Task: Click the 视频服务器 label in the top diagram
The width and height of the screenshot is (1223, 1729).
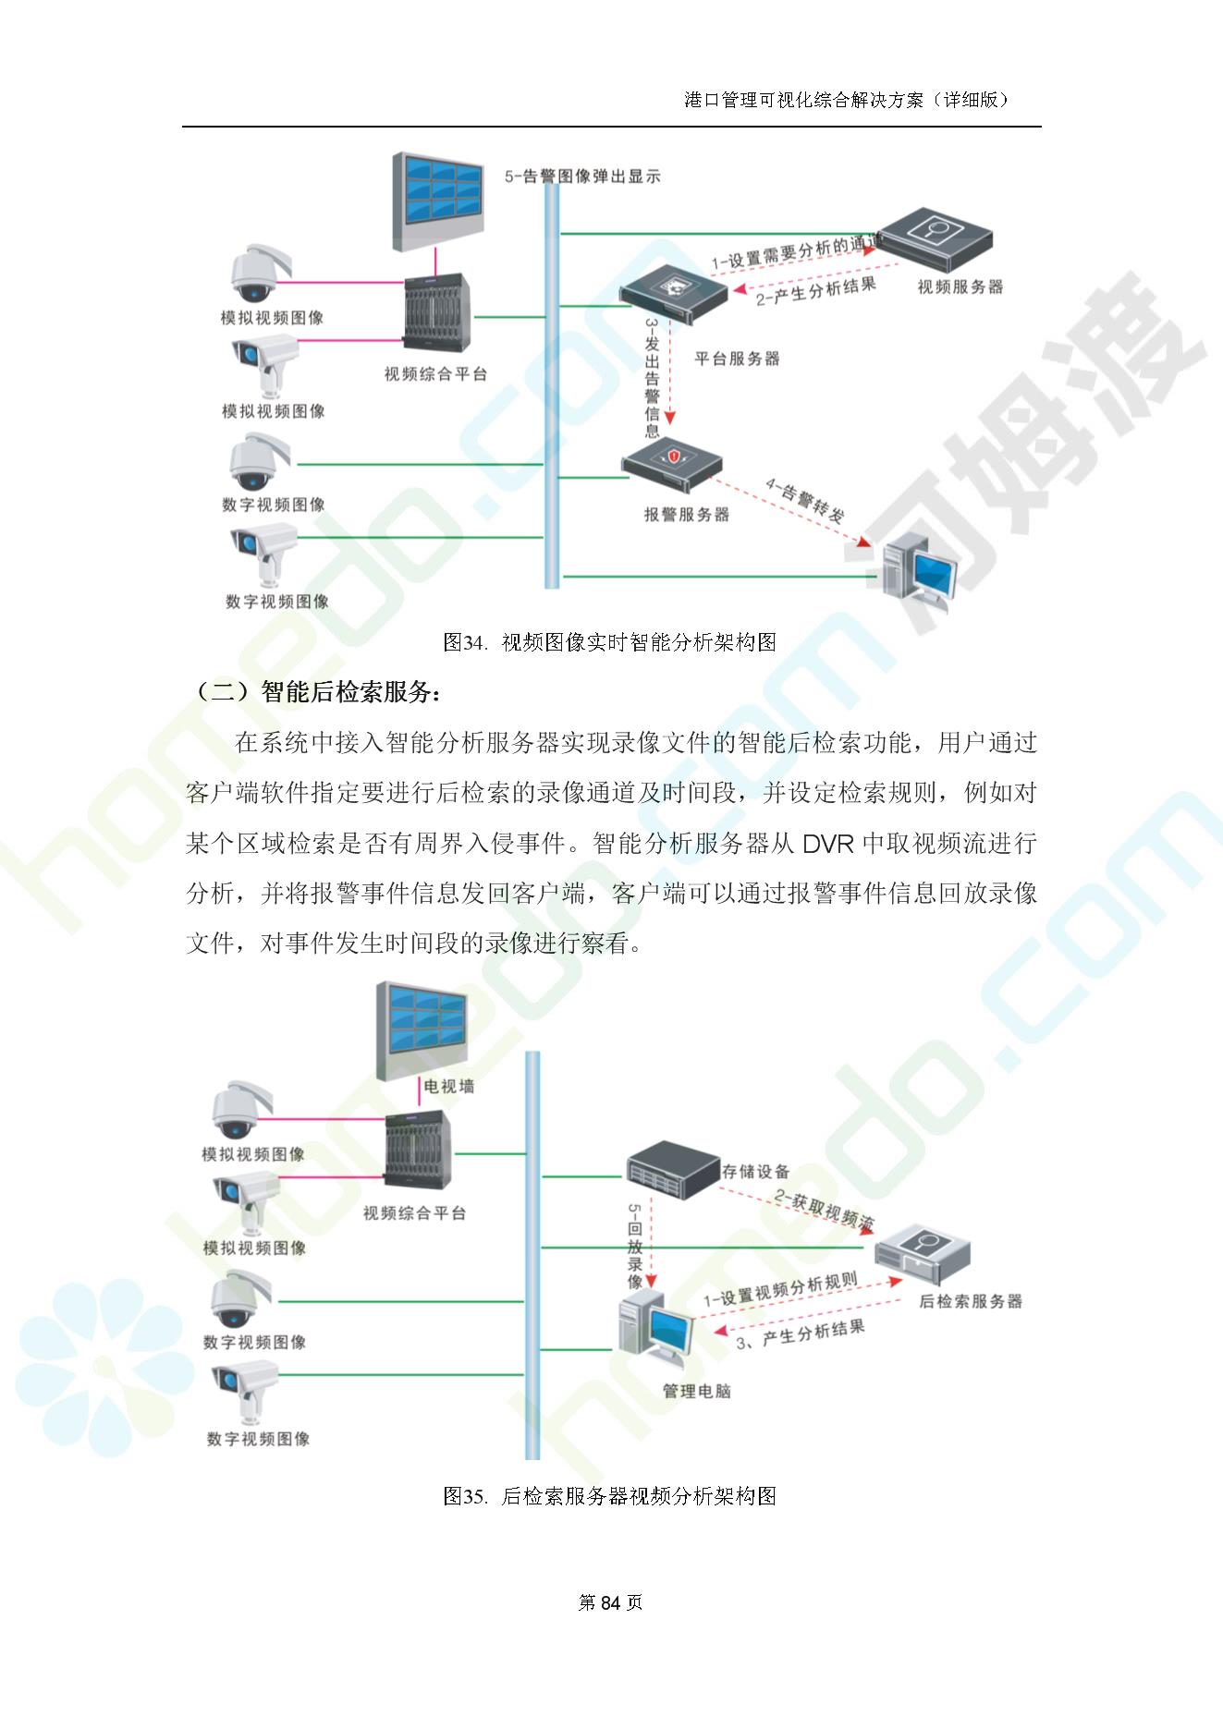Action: point(960,287)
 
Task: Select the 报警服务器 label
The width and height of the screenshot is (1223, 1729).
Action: point(687,515)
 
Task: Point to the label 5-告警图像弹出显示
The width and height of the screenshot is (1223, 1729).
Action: point(582,177)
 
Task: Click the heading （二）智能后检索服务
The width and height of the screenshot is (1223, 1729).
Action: point(319,692)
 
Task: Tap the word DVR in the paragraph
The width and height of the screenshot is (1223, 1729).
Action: point(827,844)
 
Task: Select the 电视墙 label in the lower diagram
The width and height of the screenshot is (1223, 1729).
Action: point(448,1087)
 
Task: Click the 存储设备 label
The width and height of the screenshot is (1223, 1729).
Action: point(755,1172)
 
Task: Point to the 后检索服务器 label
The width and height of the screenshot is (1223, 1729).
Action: point(971,1301)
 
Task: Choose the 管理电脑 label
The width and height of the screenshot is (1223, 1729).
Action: point(696,1391)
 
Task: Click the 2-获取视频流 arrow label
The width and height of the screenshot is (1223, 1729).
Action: point(825,1209)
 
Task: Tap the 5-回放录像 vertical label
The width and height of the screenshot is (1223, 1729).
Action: point(635,1247)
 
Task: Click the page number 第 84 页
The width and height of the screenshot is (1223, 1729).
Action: point(610,1602)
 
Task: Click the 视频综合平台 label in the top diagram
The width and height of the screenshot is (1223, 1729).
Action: point(435,374)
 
